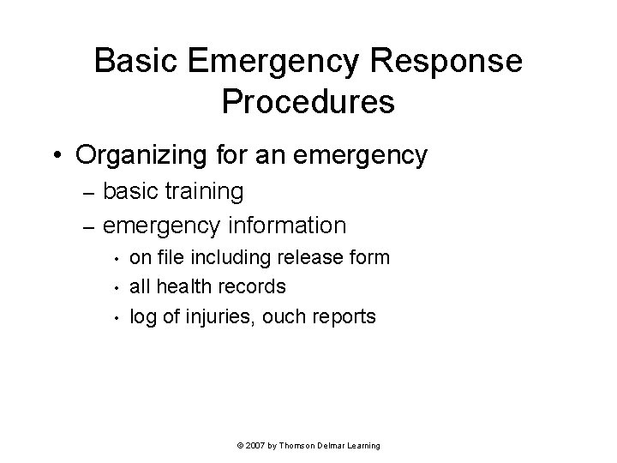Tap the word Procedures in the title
(x=308, y=100)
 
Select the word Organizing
(x=151, y=155)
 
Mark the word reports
(x=344, y=316)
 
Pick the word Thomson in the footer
(x=299, y=447)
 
